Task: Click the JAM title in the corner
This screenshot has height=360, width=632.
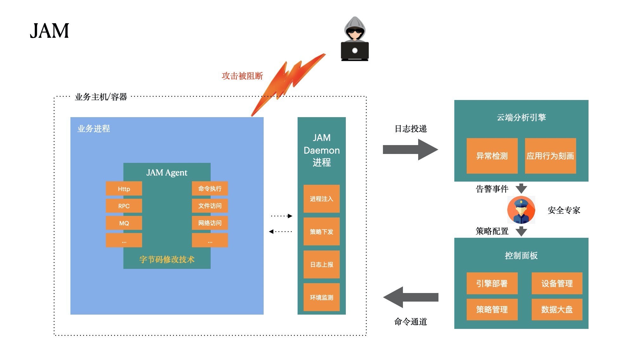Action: tap(49, 31)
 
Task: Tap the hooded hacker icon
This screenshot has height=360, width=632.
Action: tap(355, 39)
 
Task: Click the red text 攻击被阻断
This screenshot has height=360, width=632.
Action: tap(242, 76)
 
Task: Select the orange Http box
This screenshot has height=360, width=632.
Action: tap(124, 189)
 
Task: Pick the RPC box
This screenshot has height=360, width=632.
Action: tap(124, 206)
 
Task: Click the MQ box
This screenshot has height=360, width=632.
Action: tap(124, 223)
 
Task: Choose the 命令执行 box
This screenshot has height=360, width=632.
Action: tap(210, 189)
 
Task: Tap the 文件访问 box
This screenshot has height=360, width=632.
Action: tap(210, 206)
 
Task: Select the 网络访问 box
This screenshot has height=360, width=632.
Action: tap(210, 223)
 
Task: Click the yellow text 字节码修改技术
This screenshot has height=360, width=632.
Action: tap(167, 259)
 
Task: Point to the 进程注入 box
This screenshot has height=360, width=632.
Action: tap(321, 199)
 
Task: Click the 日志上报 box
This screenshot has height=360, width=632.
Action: tap(321, 264)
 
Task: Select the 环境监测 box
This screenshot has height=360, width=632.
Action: tap(321, 297)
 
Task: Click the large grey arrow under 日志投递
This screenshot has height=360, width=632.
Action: tap(410, 150)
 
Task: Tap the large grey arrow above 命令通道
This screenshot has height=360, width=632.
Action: tap(410, 297)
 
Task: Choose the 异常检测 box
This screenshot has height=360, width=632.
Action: tap(492, 156)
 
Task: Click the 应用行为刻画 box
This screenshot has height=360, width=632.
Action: tap(550, 156)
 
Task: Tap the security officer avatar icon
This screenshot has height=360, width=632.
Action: tap(521, 210)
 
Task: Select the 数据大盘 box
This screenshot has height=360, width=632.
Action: tap(557, 310)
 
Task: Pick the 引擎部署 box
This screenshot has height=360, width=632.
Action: tap(492, 283)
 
